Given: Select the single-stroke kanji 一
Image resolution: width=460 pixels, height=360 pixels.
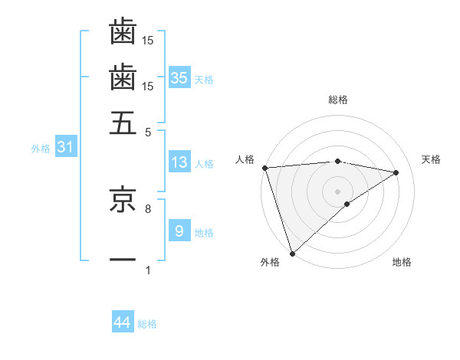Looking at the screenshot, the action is click(123, 260).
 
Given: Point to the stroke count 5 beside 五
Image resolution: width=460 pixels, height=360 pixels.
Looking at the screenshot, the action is click(148, 132).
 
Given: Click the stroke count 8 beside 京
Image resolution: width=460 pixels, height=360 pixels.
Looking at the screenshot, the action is click(148, 208).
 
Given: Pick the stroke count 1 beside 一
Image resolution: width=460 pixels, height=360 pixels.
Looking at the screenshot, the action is click(148, 270).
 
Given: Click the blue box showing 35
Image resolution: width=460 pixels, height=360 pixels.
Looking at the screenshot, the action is click(179, 77).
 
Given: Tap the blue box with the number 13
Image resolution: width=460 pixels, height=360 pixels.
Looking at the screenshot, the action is click(179, 162).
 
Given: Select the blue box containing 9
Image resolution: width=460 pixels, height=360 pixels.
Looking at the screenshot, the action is click(179, 231).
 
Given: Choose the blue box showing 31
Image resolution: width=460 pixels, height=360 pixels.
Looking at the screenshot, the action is click(64, 147).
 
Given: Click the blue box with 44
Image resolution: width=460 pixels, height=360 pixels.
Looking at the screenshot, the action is click(123, 323).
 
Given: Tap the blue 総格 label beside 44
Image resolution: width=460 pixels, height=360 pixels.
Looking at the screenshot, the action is click(147, 324).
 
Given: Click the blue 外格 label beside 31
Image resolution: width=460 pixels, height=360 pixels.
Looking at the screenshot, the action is click(41, 149).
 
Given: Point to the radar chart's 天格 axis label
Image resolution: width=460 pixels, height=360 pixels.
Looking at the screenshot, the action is click(431, 159).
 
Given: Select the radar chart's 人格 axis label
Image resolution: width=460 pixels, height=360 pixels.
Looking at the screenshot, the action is click(245, 159).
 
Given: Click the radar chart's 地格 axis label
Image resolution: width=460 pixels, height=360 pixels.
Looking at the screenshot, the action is click(402, 263).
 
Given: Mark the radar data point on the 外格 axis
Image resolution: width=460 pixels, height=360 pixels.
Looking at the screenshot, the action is click(292, 253).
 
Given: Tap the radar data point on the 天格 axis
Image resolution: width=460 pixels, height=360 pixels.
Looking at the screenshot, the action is click(396, 172).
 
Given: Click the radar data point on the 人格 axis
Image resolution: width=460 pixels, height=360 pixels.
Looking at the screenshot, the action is click(264, 168).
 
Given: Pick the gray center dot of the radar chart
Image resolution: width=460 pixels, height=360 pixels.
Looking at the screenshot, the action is click(337, 191).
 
